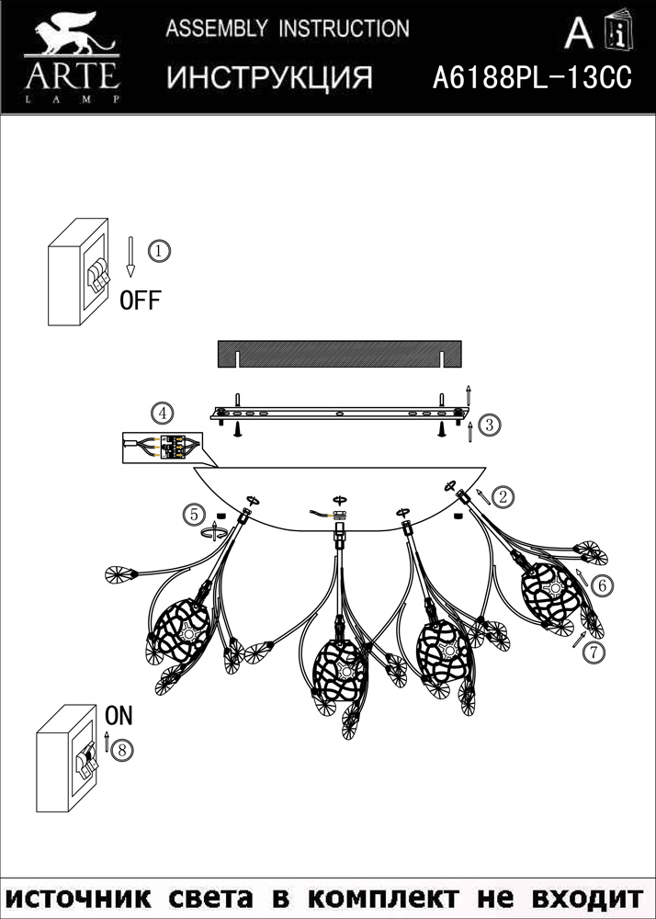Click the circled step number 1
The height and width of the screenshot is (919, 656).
click(159, 252)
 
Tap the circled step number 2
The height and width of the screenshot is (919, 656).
click(503, 497)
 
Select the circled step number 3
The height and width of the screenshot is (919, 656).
click(489, 425)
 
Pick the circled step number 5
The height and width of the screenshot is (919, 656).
click(194, 516)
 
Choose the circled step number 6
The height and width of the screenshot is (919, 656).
click(602, 585)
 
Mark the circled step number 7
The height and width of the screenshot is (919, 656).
click(594, 652)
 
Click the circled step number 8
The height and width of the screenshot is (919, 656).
click(122, 750)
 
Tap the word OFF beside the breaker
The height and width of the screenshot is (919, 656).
click(140, 301)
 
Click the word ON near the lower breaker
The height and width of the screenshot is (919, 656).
click(119, 716)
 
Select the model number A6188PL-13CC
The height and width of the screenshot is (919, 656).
click(532, 77)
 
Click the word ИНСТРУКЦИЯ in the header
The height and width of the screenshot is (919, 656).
click(270, 77)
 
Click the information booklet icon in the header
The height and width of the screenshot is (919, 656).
click(618, 30)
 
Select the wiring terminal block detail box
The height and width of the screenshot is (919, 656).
click(163, 448)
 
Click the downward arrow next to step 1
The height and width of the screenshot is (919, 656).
click(130, 256)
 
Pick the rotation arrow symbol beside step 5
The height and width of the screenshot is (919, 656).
click(214, 531)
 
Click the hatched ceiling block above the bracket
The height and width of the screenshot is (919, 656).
click(340, 354)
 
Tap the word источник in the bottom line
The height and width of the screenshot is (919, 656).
click(80, 897)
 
